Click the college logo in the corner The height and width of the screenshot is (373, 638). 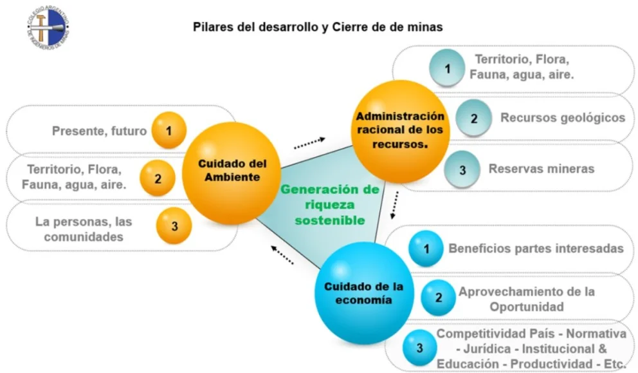tap(47, 27)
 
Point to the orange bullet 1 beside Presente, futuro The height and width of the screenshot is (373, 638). tap(169, 131)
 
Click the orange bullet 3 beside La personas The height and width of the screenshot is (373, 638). tap(174, 225)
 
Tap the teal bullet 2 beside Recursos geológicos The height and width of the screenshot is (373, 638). tap(474, 118)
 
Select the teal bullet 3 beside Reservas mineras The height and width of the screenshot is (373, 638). tap(461, 169)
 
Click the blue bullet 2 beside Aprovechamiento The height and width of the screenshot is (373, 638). tap(438, 298)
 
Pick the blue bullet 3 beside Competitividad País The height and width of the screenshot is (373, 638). tap(419, 349)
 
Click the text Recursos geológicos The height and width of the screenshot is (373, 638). tap(562, 118)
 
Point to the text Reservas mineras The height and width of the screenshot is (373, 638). tap(542, 169)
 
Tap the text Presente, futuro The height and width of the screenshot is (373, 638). tap(99, 131)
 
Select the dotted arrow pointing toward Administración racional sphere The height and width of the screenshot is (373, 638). tap(309, 143)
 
